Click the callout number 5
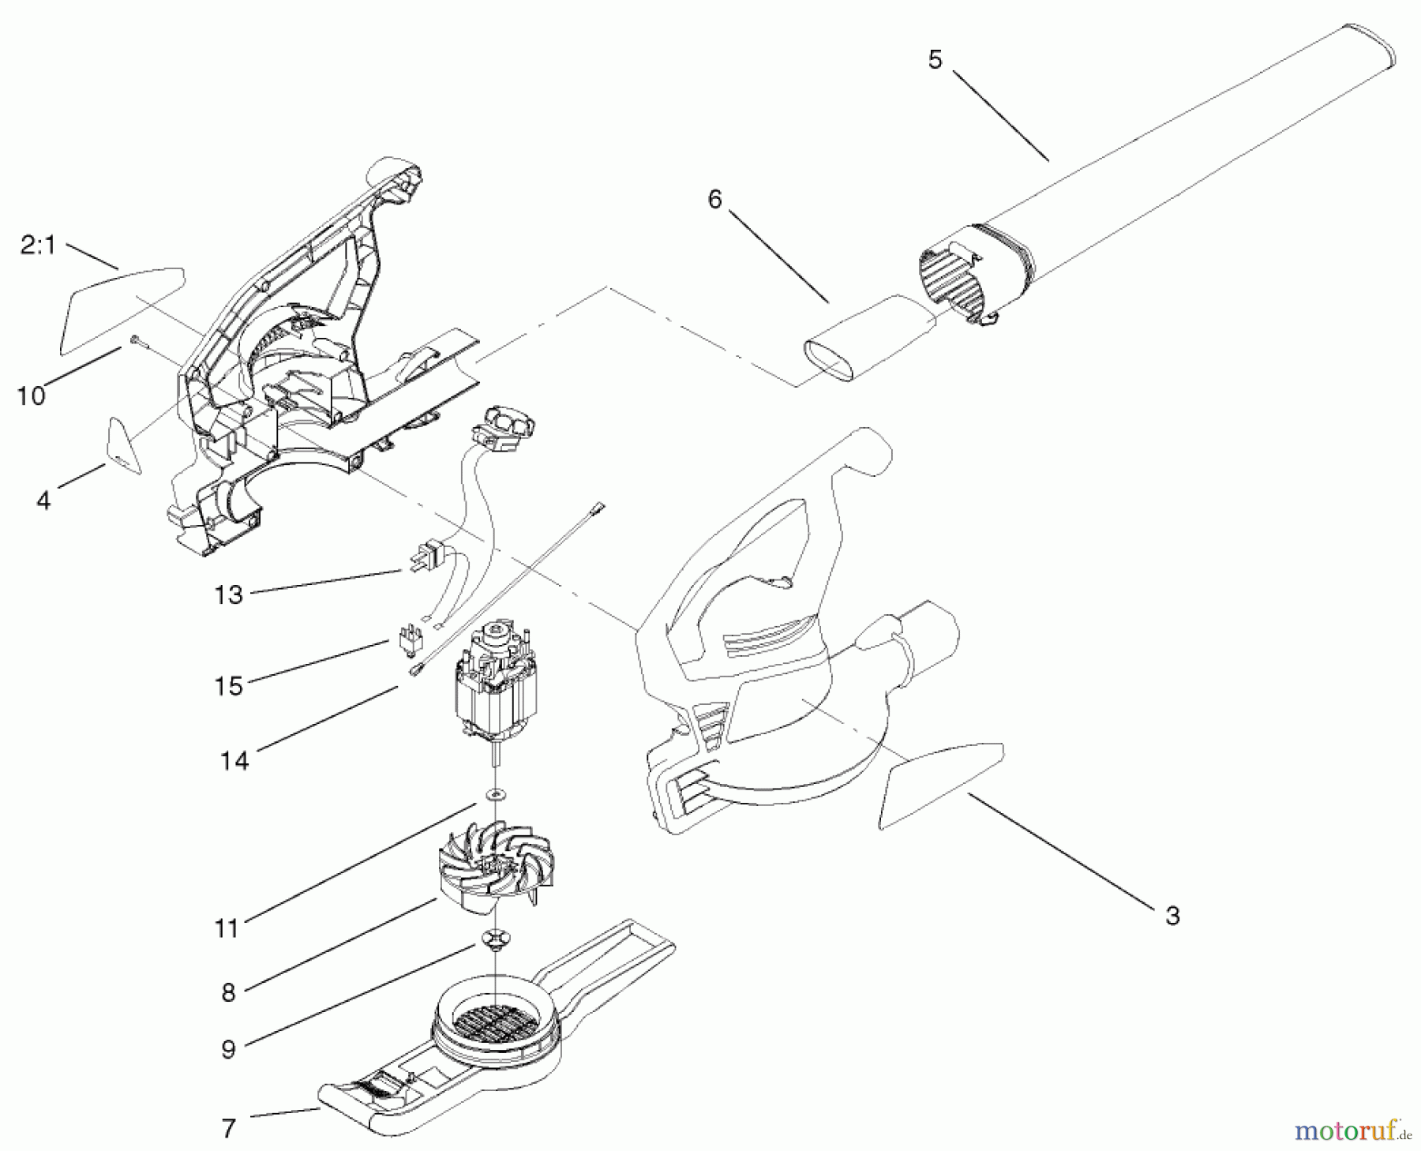click(x=935, y=60)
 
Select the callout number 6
click(x=714, y=200)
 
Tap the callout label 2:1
click(x=38, y=246)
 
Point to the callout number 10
click(x=31, y=396)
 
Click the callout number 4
click(x=43, y=500)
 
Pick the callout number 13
click(x=228, y=594)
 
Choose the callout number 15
click(x=228, y=686)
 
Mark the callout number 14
click(x=234, y=761)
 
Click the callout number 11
click(x=227, y=928)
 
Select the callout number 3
click(x=1172, y=916)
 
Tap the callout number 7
click(x=228, y=1129)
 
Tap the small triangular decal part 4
click(x=123, y=445)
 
